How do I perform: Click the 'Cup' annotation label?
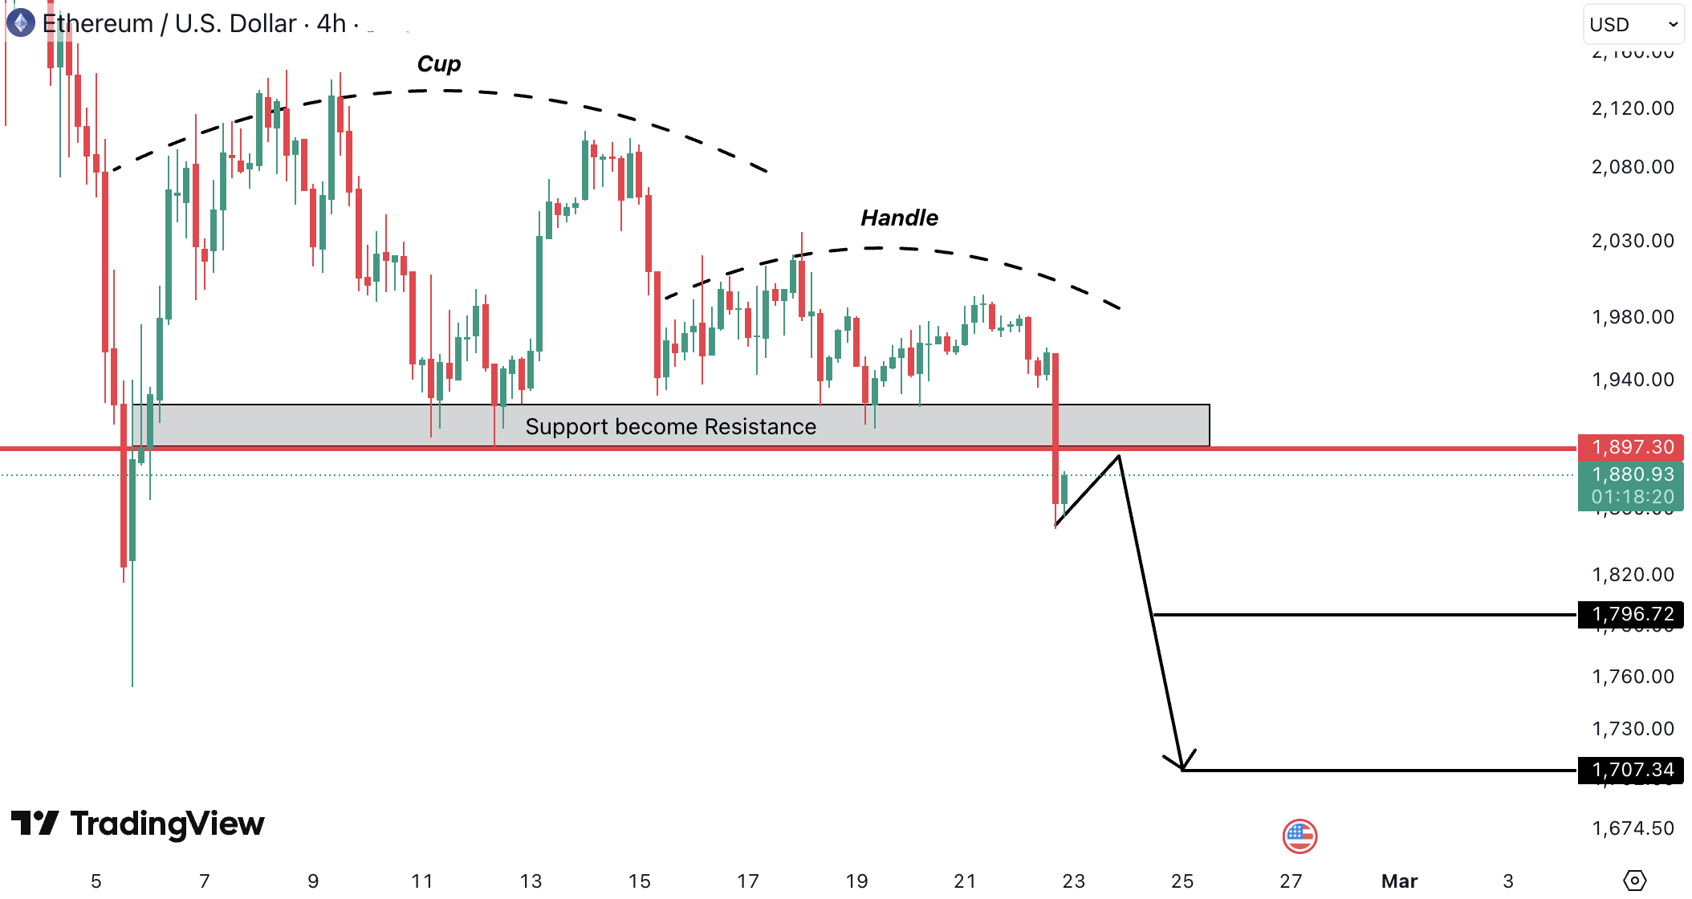pyautogui.click(x=439, y=64)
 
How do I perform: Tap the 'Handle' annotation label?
pyautogui.click(x=899, y=218)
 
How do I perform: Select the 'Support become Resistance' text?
pyautogui.click(x=670, y=427)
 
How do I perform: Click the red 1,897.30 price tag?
pyautogui.click(x=1632, y=447)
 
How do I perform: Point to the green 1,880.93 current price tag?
pyautogui.click(x=1632, y=474)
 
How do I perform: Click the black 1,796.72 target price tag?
pyautogui.click(x=1632, y=615)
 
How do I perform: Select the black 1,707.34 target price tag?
pyautogui.click(x=1632, y=771)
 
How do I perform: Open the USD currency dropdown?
pyautogui.click(x=1633, y=25)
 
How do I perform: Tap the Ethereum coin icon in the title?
pyautogui.click(x=21, y=22)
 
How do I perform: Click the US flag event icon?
pyautogui.click(x=1300, y=836)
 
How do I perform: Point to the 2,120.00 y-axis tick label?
pyautogui.click(x=1633, y=108)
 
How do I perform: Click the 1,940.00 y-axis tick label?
pyautogui.click(x=1633, y=380)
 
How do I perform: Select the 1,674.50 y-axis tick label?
pyautogui.click(x=1633, y=828)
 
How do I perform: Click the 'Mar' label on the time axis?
pyautogui.click(x=1399, y=881)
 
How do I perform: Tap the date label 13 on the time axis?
pyautogui.click(x=531, y=881)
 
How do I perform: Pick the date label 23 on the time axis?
pyautogui.click(x=1073, y=881)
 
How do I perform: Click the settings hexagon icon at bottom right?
pyautogui.click(x=1634, y=881)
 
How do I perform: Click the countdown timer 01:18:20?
pyautogui.click(x=1632, y=497)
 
